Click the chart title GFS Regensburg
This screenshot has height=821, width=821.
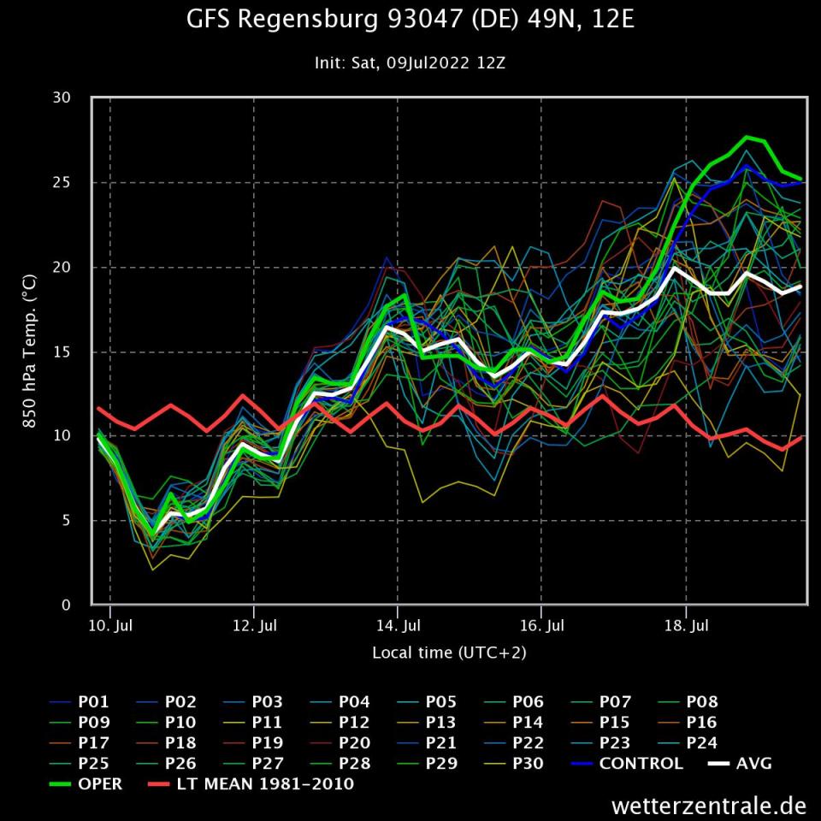(410, 20)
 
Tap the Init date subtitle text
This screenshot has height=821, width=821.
(410, 63)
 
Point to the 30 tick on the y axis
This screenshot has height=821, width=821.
(62, 98)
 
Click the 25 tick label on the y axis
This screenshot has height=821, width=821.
(62, 182)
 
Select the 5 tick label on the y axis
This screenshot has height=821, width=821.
(67, 521)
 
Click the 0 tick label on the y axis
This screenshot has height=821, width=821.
(67, 605)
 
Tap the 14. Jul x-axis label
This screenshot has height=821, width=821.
(398, 626)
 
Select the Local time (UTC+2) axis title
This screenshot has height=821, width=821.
(449, 653)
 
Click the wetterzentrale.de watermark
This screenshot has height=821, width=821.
(709, 806)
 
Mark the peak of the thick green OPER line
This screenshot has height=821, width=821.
(747, 137)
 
